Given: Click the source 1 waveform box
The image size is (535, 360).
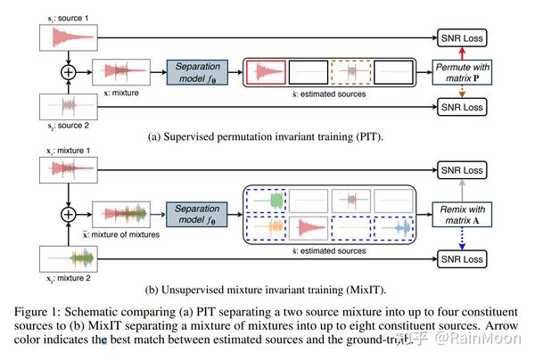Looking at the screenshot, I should pyautogui.click(x=68, y=37).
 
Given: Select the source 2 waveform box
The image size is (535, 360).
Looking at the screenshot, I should pyautogui.click(x=68, y=106).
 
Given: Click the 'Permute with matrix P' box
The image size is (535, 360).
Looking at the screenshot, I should pyautogui.click(x=462, y=71).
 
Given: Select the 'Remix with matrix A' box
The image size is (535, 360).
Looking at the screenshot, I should pyautogui.click(x=462, y=213).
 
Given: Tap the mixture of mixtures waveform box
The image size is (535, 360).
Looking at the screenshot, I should pyautogui.click(x=129, y=213).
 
